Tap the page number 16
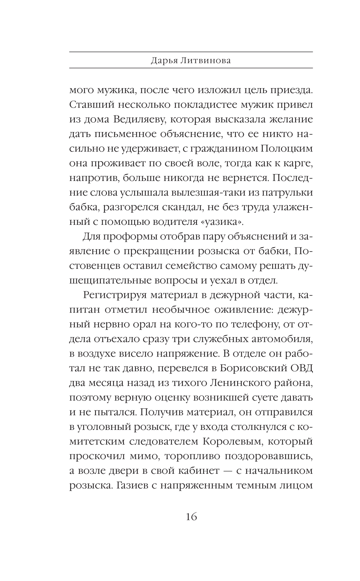point(191,517)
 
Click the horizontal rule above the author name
point(191,52)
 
